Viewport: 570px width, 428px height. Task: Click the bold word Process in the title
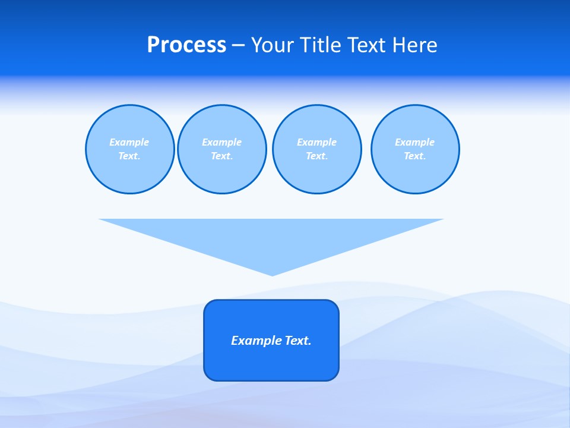pyautogui.click(x=186, y=45)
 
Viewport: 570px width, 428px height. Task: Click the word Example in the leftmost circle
pyautogui.click(x=129, y=142)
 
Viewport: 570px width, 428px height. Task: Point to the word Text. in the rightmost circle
pyautogui.click(x=415, y=156)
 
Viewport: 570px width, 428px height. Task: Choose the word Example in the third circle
pyautogui.click(x=316, y=142)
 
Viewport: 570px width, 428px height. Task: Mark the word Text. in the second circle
pyautogui.click(x=221, y=156)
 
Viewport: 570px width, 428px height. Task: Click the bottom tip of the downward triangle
pyautogui.click(x=272, y=274)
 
